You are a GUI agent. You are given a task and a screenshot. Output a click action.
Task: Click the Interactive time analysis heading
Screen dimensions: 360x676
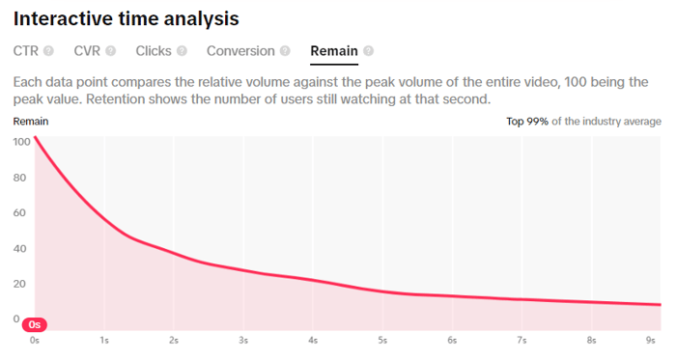coord(127,18)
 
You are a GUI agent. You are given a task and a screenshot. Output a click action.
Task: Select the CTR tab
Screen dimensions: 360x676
coord(26,51)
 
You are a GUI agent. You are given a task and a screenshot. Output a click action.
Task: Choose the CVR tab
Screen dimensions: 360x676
coord(87,51)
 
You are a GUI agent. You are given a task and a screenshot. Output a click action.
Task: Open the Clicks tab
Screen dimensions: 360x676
coord(154,51)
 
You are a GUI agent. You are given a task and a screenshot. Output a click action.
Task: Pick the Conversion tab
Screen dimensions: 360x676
coord(240,51)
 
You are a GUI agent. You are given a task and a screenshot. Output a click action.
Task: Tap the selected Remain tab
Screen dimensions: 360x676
coord(333,51)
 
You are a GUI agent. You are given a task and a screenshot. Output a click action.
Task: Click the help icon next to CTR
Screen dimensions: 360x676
coord(48,51)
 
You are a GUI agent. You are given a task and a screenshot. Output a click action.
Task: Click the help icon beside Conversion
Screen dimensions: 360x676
coord(285,51)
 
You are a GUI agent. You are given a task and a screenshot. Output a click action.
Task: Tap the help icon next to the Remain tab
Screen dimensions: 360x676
coord(368,51)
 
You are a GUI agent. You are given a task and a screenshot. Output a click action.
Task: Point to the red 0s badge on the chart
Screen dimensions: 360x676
coord(35,324)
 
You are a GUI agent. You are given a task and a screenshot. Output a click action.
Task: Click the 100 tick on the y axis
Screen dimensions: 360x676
coord(21,142)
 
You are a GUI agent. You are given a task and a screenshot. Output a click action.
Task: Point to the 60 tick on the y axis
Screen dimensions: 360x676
coord(21,213)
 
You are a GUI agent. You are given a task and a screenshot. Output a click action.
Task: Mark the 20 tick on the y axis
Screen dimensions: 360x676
coord(21,284)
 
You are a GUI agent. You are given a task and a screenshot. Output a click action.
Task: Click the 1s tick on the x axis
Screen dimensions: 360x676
coord(104,341)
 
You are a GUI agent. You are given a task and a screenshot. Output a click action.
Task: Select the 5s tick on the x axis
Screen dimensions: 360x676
coord(383,341)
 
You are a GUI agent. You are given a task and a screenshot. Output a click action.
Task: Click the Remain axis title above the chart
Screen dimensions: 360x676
coord(31,122)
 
